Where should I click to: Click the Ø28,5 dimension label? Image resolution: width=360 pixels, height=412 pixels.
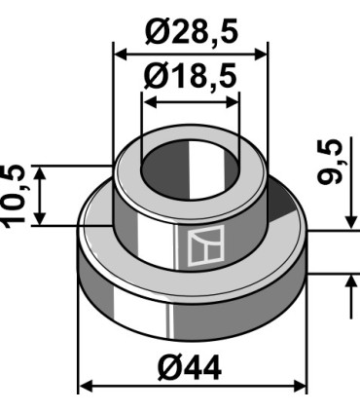(192, 32)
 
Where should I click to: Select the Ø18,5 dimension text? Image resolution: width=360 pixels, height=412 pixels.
(191, 76)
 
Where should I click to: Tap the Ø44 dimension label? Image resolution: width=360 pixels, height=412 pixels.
(190, 368)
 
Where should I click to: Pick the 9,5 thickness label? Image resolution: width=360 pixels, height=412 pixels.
(330, 163)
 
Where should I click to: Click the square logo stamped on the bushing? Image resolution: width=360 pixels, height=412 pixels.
(206, 245)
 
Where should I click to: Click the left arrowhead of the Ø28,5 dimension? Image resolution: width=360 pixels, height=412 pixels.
(121, 55)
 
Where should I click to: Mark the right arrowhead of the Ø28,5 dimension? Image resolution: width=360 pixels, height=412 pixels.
(261, 55)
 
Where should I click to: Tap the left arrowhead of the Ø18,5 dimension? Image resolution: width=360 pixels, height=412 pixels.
(150, 102)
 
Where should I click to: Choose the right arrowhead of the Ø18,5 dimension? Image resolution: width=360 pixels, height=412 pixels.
(232, 102)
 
